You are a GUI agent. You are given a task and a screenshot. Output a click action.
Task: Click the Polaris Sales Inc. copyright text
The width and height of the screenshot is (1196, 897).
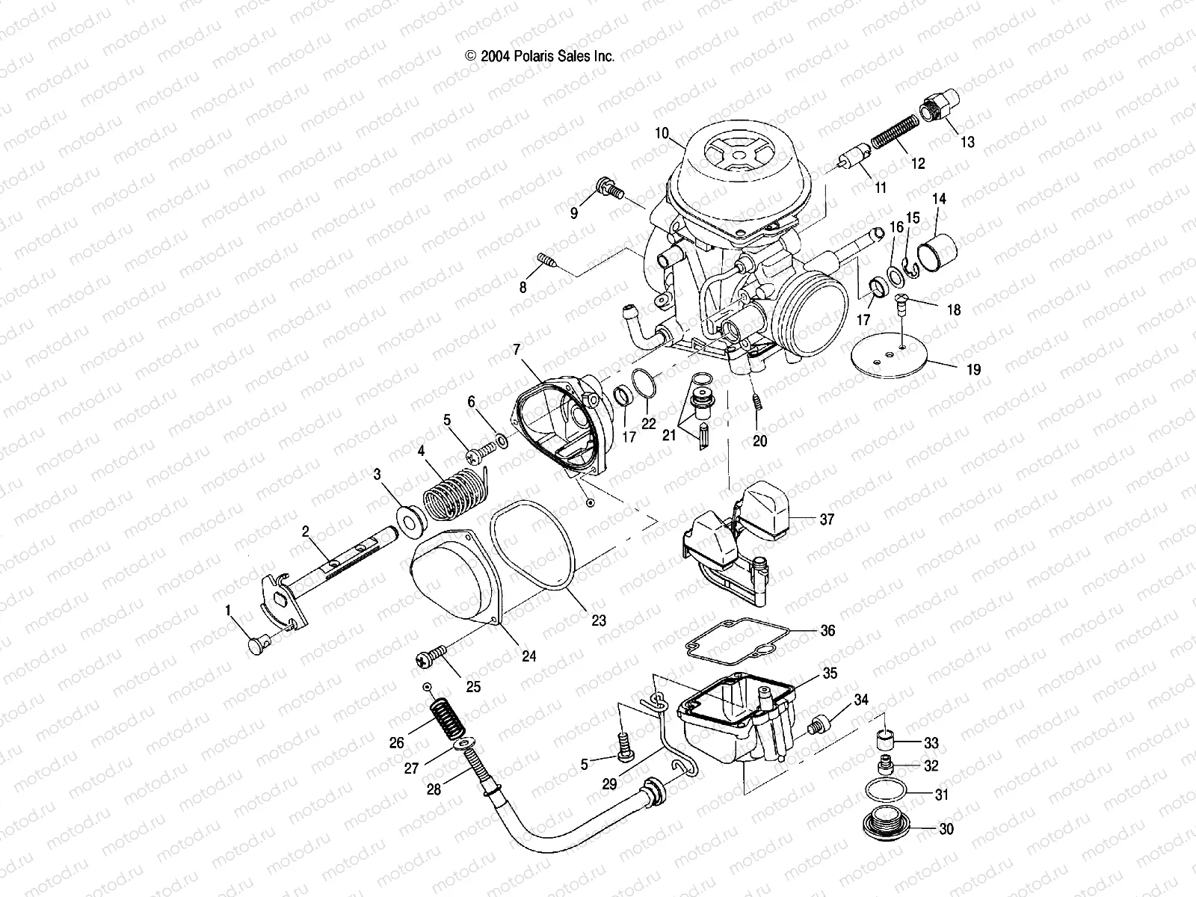point(540,56)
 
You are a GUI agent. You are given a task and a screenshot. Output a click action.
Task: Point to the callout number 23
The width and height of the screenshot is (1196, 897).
point(598,620)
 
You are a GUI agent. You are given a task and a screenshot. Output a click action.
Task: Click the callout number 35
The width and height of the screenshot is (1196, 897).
point(829,672)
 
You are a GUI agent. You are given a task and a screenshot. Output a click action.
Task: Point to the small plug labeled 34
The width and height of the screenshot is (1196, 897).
point(820,724)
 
